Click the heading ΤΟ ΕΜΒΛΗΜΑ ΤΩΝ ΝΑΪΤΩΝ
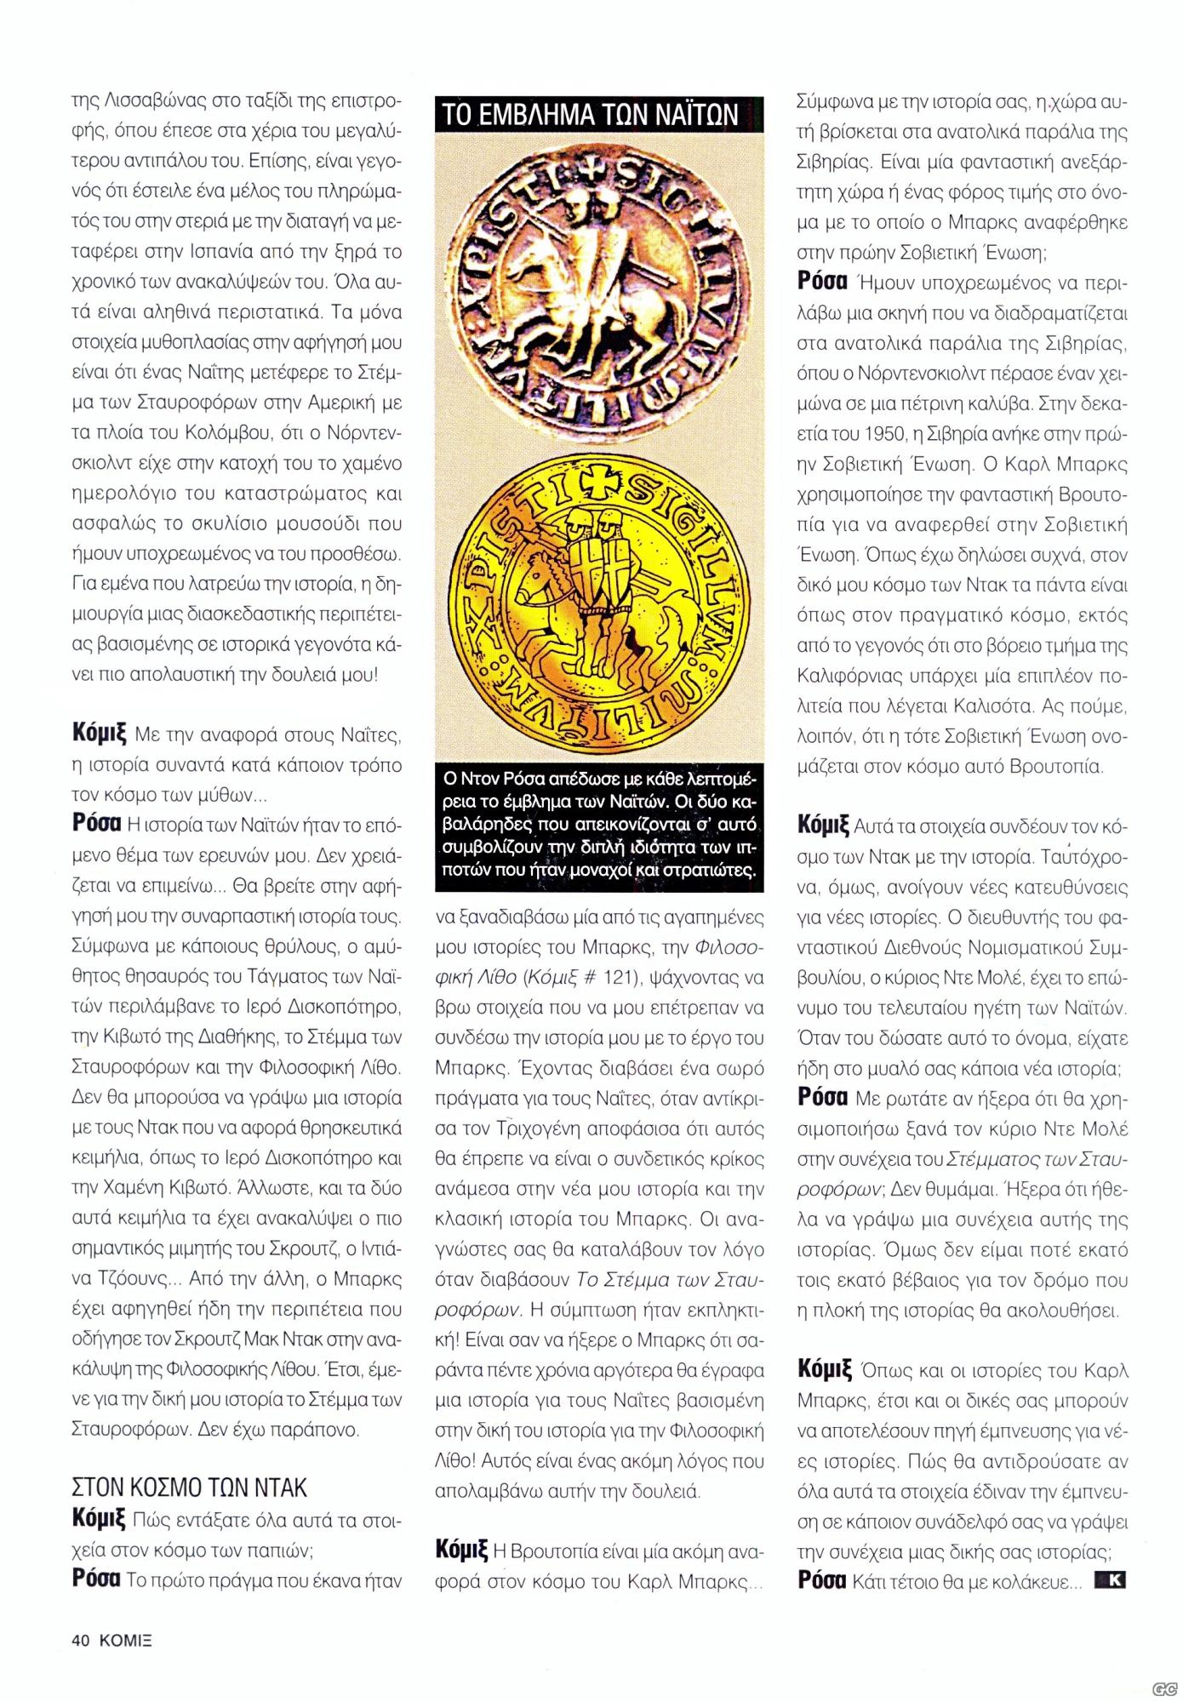click(591, 115)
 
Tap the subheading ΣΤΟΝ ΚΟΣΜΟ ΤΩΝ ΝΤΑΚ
click(189, 1488)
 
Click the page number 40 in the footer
click(81, 1642)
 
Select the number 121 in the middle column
click(621, 978)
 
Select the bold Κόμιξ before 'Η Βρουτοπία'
click(460, 1550)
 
